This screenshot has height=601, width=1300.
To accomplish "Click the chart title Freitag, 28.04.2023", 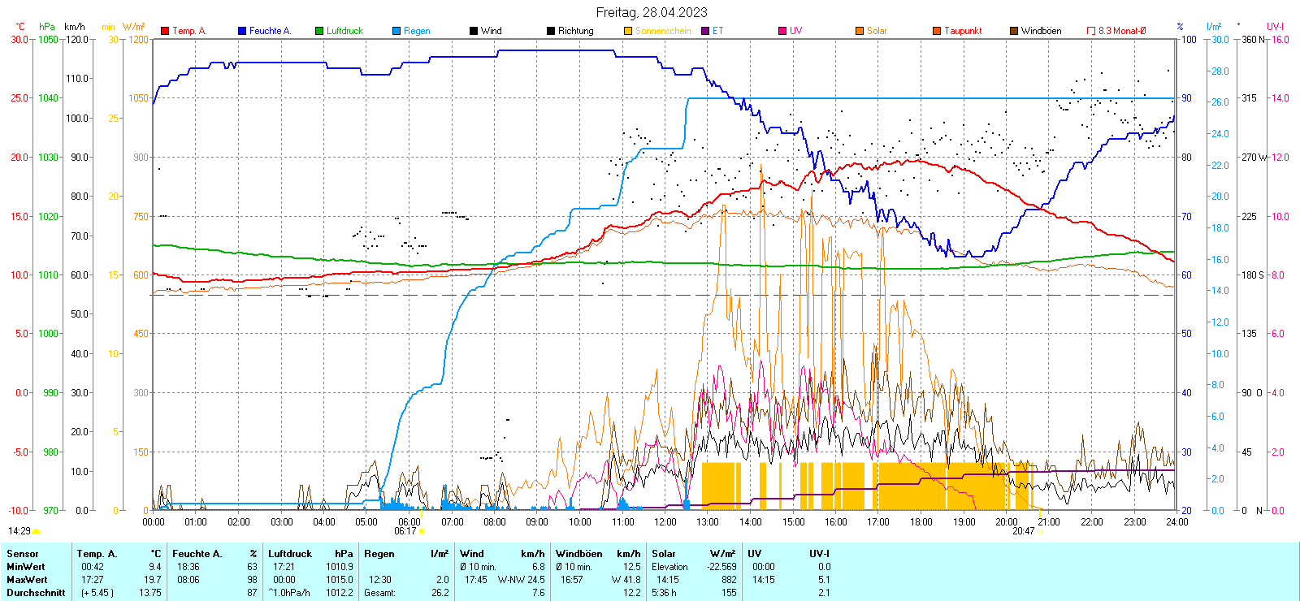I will [651, 12].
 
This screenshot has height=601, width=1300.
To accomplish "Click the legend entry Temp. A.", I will [188, 31].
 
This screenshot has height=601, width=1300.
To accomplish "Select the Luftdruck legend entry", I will [344, 31].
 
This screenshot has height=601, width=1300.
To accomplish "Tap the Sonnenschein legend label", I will [662, 31].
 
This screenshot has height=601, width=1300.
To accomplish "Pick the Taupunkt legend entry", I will [962, 31].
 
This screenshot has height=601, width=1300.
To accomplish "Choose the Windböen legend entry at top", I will [1040, 31].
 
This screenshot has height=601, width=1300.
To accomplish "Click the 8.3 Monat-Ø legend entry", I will [1121, 31].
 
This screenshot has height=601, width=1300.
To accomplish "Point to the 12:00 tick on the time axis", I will [665, 522].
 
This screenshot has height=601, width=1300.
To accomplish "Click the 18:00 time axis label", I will [921, 522].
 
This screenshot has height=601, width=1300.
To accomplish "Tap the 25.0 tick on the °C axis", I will [19, 98].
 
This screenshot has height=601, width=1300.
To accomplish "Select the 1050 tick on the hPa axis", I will [48, 39].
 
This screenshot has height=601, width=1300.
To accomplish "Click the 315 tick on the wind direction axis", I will [1249, 98].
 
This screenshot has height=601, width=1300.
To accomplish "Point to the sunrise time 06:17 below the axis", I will [405, 531].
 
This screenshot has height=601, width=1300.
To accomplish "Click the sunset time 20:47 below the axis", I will [1023, 531].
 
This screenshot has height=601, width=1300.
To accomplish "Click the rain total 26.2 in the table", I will [440, 593].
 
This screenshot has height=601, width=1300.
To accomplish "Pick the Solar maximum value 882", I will [729, 580].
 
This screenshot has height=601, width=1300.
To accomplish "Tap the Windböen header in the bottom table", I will [578, 554].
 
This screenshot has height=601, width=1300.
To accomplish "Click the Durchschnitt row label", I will [36, 593].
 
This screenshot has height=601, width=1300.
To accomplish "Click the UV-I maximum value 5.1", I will [824, 580].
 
